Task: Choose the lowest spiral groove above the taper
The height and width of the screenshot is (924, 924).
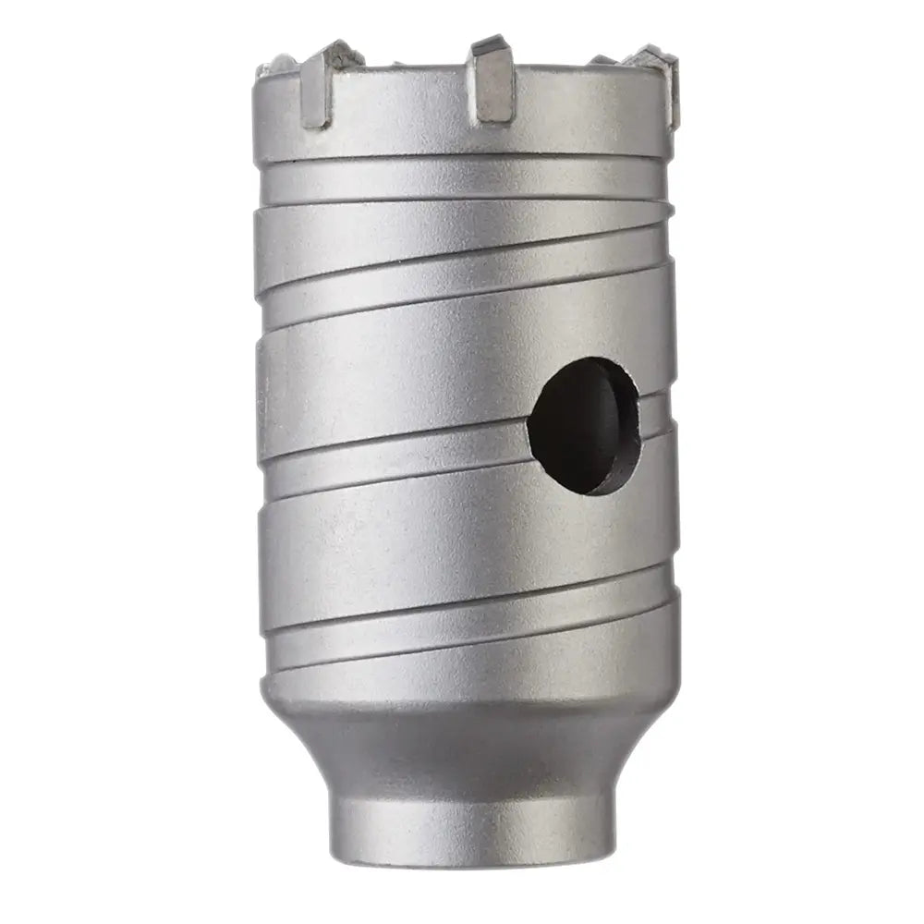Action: pos(462,638)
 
